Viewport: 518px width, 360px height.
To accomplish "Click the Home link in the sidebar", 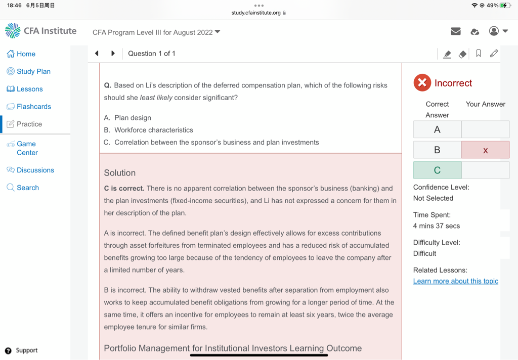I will point(21,54).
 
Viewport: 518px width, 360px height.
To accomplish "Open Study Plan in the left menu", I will point(29,72).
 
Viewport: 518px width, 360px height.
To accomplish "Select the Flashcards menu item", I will point(29,107).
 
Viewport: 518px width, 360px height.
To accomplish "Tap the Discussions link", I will point(30,170).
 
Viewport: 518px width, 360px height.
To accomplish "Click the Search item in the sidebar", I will point(23,188).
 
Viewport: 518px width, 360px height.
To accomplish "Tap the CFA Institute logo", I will point(41,31).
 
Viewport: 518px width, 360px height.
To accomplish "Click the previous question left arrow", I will point(97,54).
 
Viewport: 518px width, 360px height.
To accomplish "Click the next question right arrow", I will point(113,54).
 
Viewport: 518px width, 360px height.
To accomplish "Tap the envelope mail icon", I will point(456,31).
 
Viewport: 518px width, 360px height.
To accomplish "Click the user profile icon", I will point(494,31).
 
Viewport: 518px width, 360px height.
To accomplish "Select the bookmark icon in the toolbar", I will point(479,54).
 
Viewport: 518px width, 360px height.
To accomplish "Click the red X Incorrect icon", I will point(422,83).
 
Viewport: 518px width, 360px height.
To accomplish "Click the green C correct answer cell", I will point(437,170).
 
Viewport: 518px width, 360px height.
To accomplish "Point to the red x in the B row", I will point(486,150).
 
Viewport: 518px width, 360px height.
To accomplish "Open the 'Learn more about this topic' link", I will point(455,281).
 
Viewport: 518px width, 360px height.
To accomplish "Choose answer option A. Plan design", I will point(127,118).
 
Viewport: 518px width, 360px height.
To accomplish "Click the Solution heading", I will point(120,173).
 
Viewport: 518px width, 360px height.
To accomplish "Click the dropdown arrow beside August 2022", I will point(218,32).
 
